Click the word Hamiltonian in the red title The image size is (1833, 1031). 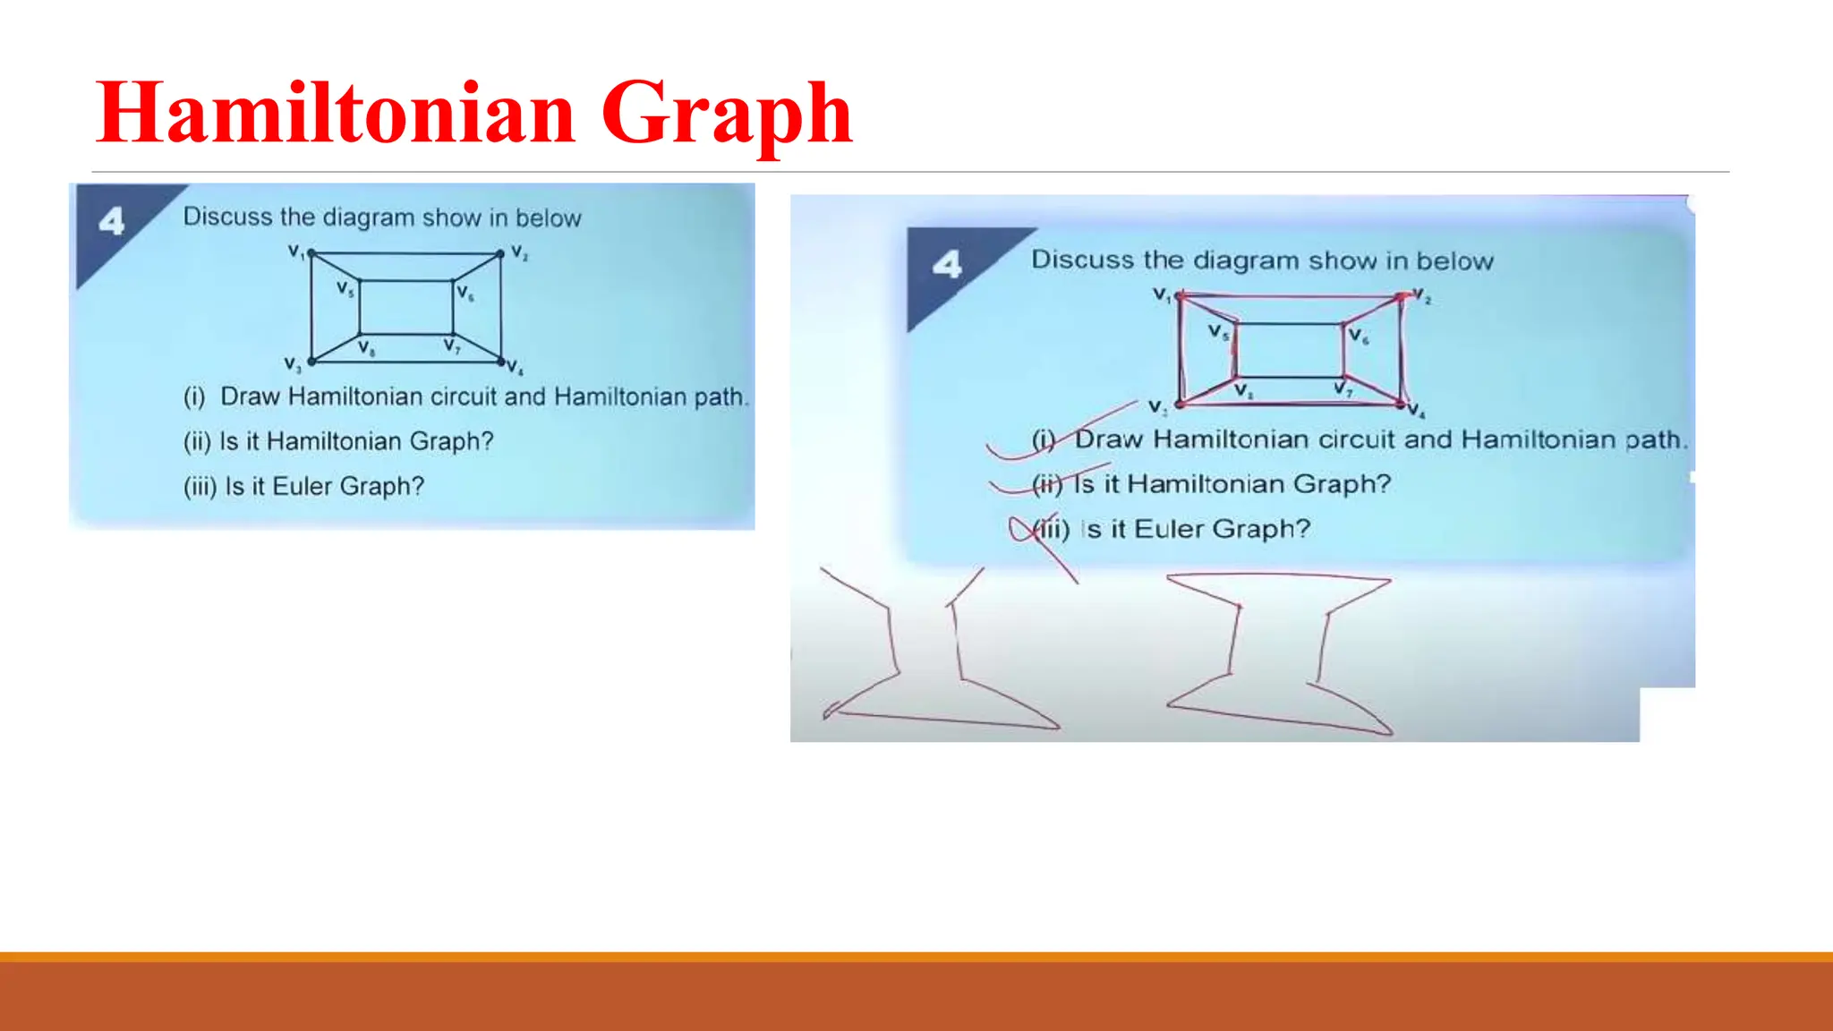coord(336,113)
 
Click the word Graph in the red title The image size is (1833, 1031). coord(726,115)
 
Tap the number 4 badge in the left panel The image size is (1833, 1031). coord(112,220)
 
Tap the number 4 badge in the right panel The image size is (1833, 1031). coord(947,264)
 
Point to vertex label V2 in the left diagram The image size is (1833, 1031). coord(519,252)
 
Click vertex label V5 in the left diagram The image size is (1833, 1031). coord(345,288)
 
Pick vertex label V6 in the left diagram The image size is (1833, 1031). coord(465,292)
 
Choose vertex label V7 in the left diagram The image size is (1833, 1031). coord(451,345)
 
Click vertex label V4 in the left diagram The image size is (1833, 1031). coord(515,367)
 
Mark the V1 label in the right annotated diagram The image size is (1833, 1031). coord(1162,294)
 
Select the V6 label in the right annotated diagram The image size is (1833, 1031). coord(1358,337)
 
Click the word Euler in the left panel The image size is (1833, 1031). coord(303,486)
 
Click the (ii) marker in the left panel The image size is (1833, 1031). coord(197,441)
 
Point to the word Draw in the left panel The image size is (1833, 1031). coord(251,396)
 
